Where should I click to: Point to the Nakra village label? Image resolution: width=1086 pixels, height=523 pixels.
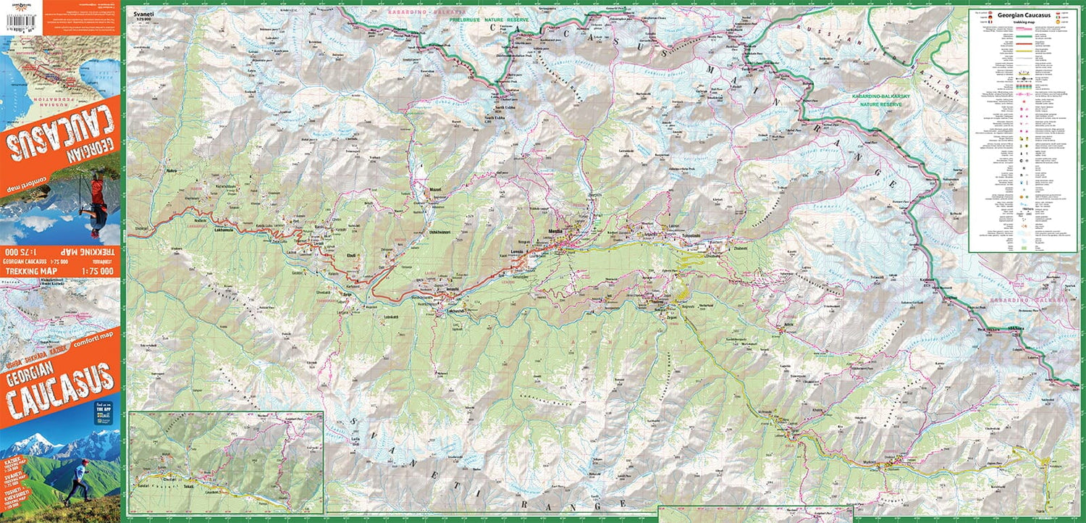172,171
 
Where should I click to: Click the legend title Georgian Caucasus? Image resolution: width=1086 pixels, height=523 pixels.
1023,15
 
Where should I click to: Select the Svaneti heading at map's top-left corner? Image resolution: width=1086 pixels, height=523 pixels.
135,13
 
